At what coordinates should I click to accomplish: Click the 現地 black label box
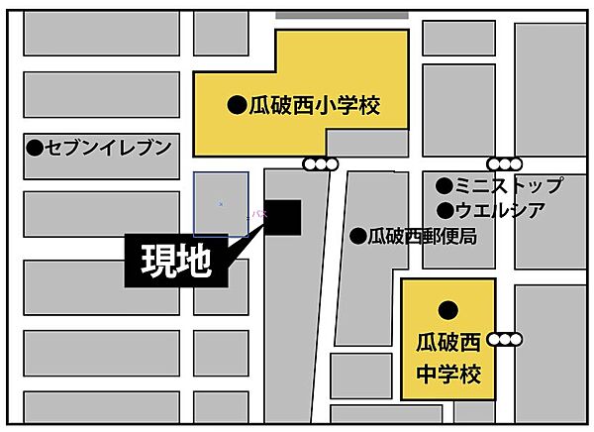point(169,264)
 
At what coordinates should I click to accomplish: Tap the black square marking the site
point(282,219)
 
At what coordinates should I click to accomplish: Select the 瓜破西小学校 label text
point(314,104)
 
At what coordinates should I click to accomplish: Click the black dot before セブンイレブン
point(36,148)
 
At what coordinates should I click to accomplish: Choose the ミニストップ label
point(509,185)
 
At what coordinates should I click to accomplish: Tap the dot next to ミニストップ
point(445,185)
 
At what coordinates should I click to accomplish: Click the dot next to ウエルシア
point(445,209)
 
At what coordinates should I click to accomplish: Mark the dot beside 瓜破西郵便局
point(357,237)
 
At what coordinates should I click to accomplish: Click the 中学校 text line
point(447,376)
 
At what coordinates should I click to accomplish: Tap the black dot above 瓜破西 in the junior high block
point(447,310)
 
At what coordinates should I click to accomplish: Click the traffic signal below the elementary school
point(321,164)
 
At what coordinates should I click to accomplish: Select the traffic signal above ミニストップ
point(503,164)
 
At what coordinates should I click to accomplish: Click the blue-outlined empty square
point(221,203)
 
